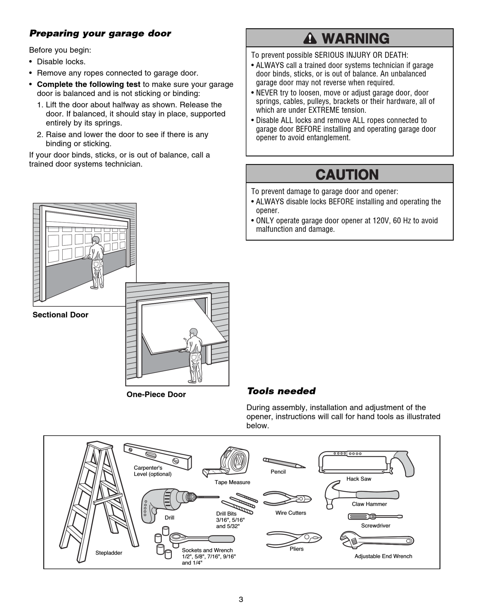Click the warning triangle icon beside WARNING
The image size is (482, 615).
[310, 38]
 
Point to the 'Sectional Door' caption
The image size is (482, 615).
[60, 315]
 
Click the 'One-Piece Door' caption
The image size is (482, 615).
[156, 394]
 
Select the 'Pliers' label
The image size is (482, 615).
[297, 549]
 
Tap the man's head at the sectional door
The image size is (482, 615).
[96, 240]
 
